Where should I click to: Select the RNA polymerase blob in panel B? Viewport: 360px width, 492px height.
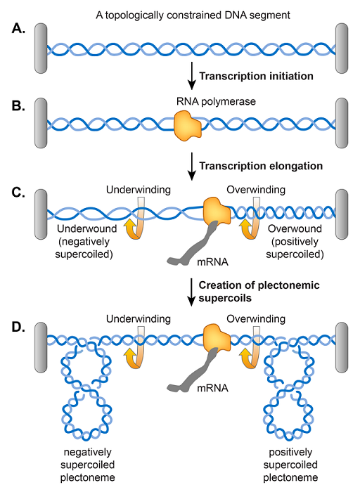(x=188, y=122)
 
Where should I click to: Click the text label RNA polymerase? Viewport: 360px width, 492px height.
(x=186, y=101)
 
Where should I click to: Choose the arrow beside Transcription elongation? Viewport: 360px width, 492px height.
(x=188, y=166)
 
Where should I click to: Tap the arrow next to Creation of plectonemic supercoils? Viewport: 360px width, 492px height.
(x=188, y=291)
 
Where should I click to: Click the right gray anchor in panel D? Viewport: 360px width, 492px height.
(x=342, y=337)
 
